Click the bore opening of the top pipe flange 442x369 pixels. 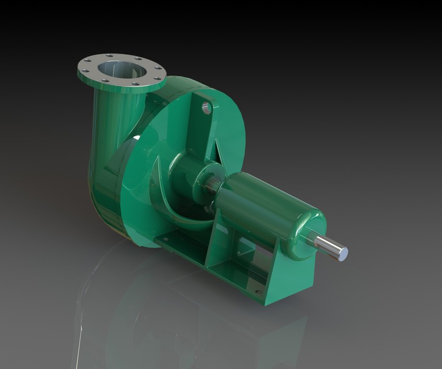[119, 69]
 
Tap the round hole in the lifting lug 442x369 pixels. [206, 107]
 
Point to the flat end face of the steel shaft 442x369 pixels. [342, 252]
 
